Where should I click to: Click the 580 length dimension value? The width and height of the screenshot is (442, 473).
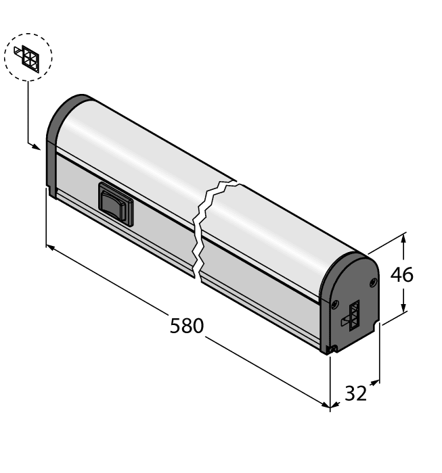click(x=186, y=326)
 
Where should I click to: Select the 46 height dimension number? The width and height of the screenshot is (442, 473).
click(x=401, y=274)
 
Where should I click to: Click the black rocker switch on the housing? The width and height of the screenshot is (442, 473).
click(x=116, y=203)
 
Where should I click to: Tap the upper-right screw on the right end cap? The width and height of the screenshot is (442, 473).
click(x=372, y=281)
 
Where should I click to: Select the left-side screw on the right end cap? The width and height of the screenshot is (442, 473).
click(x=334, y=303)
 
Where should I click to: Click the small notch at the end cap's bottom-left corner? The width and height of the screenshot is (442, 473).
click(x=331, y=349)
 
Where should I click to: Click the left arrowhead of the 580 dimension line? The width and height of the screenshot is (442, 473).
click(x=49, y=247)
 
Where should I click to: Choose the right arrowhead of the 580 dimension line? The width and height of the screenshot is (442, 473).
click(x=326, y=406)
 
